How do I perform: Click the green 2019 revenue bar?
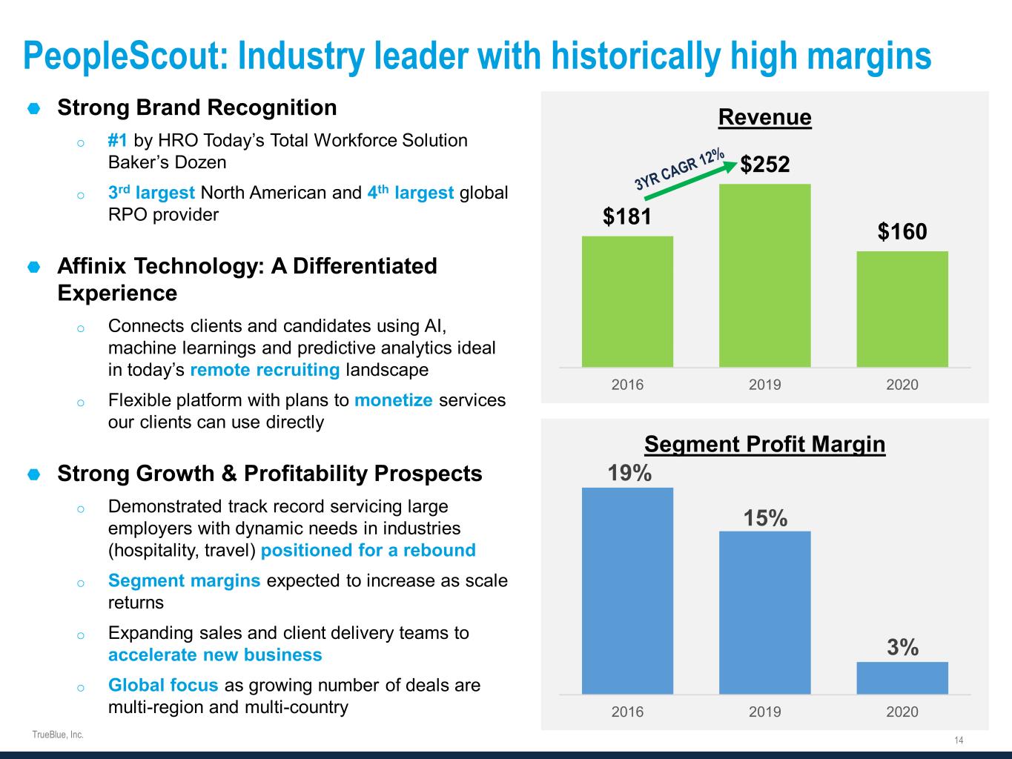(764, 275)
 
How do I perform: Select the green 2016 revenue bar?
(627, 301)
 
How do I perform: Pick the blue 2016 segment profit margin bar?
(627, 590)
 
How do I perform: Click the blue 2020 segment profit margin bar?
(902, 677)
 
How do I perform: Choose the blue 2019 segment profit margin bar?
(764, 612)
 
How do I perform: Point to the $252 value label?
(765, 164)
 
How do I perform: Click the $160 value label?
(902, 232)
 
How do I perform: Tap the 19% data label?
(629, 473)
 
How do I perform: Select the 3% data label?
(902, 648)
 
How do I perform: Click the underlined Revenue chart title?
(764, 117)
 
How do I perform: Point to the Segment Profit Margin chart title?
(764, 444)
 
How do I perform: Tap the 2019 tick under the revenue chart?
(764, 384)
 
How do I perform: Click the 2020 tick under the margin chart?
(902, 712)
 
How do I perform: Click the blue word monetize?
(393, 400)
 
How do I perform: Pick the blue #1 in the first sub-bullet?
(118, 140)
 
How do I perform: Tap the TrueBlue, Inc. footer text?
(58, 735)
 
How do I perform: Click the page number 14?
(959, 740)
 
